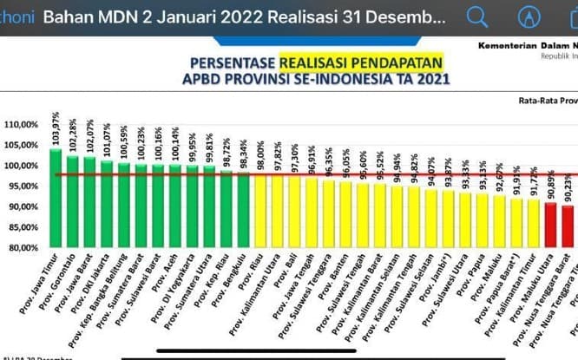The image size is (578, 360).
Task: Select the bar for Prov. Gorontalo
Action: pos(72,201)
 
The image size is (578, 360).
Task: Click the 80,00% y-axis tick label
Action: pos(22,247)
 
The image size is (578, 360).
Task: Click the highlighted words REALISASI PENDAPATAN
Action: pos(361,62)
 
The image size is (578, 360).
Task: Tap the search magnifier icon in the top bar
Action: pos(477,16)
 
